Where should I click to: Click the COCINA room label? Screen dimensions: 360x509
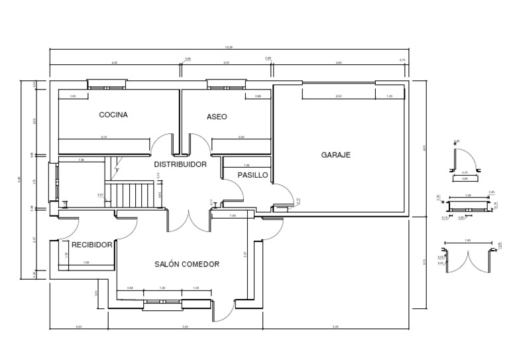pos(113,115)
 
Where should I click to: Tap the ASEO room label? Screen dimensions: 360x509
pos(217,116)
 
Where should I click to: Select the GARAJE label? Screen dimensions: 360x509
pos(335,154)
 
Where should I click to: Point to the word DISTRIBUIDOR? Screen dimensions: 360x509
pos(180,164)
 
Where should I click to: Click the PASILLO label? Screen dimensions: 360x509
pos(253,176)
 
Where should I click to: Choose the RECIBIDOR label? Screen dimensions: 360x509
pos(91,245)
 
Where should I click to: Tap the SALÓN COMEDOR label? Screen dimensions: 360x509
pos(186,264)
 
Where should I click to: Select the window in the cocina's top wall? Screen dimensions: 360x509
pos(106,84)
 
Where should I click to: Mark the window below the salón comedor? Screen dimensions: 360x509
pos(162,304)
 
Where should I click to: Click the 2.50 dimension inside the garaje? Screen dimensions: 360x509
pos(338,97)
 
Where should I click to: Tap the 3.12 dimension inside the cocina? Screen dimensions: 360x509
pos(104,137)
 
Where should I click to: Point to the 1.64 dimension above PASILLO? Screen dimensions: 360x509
pos(247,164)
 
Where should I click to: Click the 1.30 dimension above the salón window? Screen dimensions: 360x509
pos(162,288)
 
